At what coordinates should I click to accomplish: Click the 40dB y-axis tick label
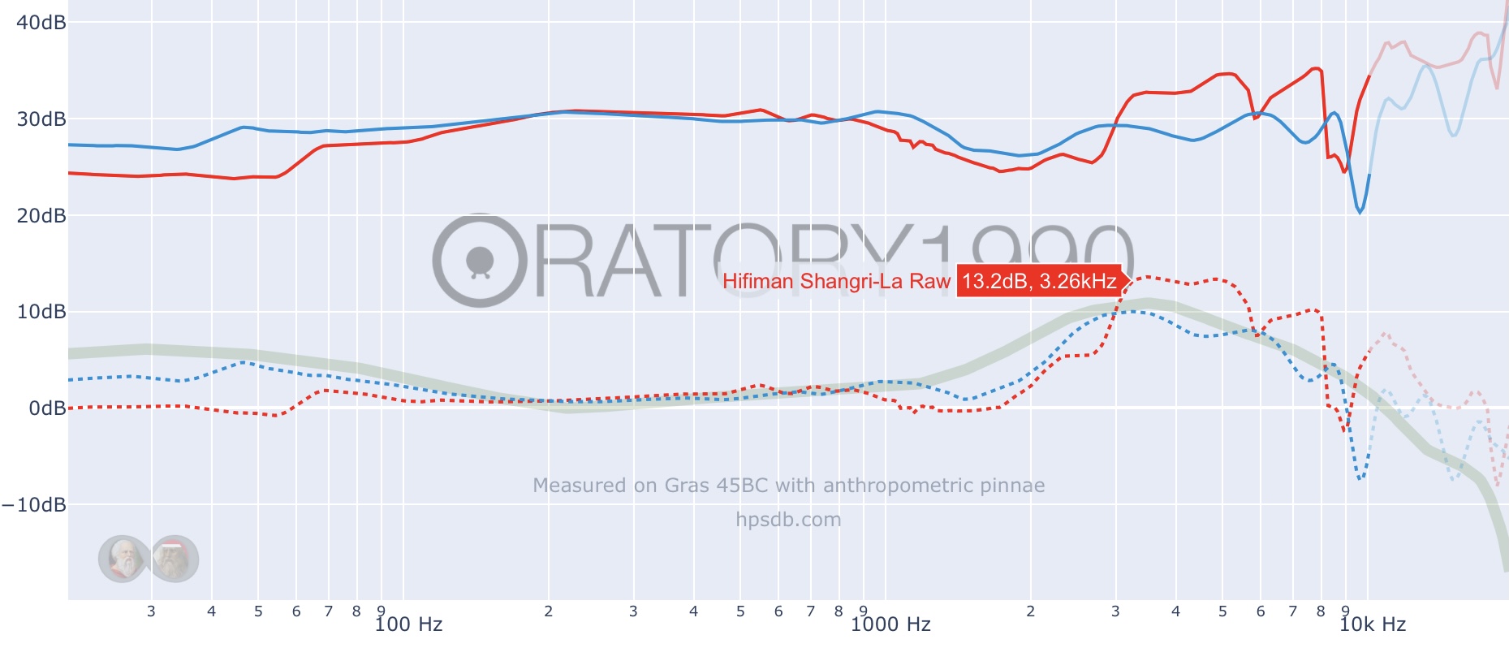click(41, 22)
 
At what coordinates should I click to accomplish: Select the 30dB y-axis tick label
click(41, 119)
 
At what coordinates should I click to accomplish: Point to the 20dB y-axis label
click(41, 215)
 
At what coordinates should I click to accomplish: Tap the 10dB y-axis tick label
click(41, 312)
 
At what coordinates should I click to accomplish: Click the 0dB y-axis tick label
click(47, 408)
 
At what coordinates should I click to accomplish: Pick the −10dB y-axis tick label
click(34, 504)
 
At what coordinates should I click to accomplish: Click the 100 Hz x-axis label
click(408, 624)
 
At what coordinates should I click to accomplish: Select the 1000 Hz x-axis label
click(890, 624)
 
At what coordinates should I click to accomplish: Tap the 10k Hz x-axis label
click(1372, 624)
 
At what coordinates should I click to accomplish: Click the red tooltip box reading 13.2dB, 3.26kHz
click(1039, 281)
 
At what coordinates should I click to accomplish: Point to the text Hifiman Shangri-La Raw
click(836, 281)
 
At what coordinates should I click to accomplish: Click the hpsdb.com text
click(788, 520)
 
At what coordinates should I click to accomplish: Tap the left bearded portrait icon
click(123, 559)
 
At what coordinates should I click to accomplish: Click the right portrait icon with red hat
click(173, 559)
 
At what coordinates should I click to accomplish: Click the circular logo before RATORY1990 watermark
click(480, 261)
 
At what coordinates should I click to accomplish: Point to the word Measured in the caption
click(580, 486)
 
